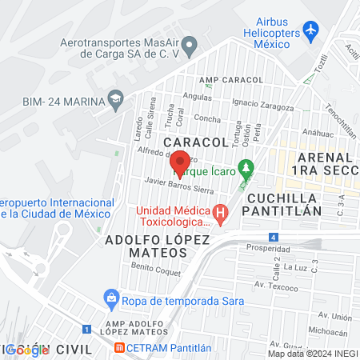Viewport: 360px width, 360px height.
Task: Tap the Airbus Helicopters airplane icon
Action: coord(311,31)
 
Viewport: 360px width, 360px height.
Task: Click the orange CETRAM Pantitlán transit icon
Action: coord(120,348)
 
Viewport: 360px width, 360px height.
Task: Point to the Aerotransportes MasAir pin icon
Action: coord(189,46)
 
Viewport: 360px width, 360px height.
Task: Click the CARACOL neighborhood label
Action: coord(196,142)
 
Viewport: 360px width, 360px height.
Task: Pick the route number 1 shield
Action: coord(86,328)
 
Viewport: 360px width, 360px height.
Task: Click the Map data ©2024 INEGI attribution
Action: coord(312,354)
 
